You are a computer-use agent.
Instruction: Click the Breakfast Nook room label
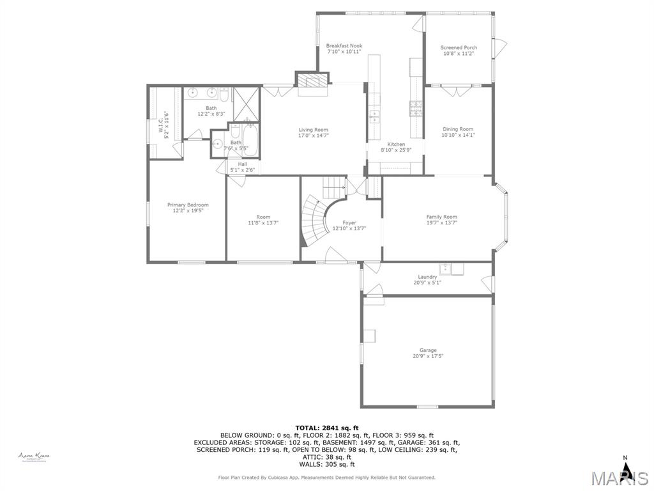pos(344,49)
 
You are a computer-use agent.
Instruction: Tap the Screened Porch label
pos(459,51)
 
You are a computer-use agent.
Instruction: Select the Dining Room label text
pos(458,132)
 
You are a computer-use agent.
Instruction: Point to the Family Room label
pos(442,220)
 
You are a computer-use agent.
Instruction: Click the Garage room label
pos(428,353)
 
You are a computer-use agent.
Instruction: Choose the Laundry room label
pos(428,279)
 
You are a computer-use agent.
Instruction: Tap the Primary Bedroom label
pos(188,208)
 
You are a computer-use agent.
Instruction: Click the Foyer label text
pos(349,225)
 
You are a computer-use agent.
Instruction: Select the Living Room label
pos(314,132)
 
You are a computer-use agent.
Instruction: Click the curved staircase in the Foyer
pos(313,221)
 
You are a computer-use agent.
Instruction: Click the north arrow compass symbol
pos(627,470)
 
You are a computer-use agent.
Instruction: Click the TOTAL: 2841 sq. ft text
pos(326,428)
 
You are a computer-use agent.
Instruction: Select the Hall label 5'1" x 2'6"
pos(242,167)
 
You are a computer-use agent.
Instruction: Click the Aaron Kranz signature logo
pos(34,456)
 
